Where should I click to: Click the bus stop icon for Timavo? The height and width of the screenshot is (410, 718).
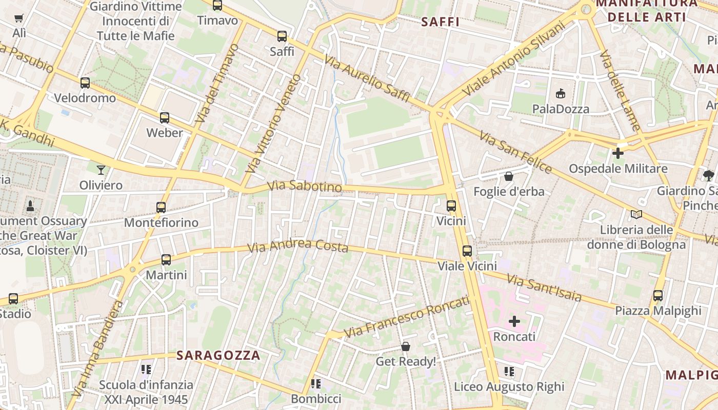217,6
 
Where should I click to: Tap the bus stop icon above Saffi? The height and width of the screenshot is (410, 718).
282,36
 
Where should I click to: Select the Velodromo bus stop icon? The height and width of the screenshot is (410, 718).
85,83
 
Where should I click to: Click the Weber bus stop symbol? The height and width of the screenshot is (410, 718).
165,118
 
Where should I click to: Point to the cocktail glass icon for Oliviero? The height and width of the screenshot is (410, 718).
101,170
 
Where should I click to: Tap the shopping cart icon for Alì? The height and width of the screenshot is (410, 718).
19,18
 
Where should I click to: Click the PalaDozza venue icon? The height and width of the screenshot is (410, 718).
561,94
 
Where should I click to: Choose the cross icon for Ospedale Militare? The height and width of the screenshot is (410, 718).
618,153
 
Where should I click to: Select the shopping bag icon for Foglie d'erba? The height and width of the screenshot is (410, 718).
509,176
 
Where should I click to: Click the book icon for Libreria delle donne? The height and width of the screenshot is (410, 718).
636,214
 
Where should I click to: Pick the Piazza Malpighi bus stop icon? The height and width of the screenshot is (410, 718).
658,295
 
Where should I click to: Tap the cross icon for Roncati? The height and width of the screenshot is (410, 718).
514,321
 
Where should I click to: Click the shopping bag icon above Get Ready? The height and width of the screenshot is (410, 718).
406,346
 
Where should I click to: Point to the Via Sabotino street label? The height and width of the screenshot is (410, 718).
305,186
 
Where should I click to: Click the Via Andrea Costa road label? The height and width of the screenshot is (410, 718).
297,246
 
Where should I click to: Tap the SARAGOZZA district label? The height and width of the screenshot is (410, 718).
218,355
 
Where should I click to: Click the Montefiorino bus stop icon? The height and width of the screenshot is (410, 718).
161,208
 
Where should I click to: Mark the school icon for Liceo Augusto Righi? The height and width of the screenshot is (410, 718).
509,371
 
